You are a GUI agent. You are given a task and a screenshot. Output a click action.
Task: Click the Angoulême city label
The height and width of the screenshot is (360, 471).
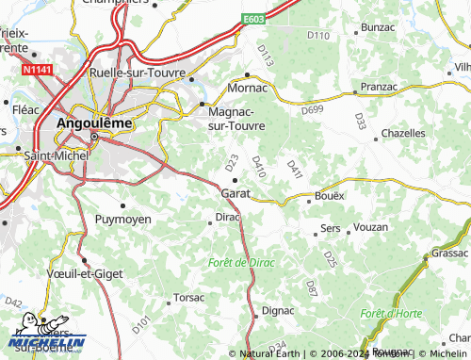pyautogui.click(x=95, y=123)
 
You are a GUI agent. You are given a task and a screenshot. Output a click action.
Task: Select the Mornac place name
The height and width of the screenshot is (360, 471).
pyautogui.click(x=250, y=87)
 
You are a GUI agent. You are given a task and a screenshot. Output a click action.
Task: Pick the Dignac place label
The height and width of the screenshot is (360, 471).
pyautogui.click(x=278, y=309)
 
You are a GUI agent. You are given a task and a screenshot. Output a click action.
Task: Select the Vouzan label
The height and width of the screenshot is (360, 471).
pyautogui.click(x=369, y=228)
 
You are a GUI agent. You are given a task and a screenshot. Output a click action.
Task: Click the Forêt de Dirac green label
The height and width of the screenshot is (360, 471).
pyautogui.click(x=241, y=262)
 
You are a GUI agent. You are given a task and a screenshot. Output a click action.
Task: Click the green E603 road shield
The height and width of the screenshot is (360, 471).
pyautogui.click(x=252, y=19)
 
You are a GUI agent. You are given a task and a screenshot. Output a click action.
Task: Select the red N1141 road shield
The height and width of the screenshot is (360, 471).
pyautogui.click(x=36, y=70)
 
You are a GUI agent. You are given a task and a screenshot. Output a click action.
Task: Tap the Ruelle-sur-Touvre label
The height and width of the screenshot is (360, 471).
pyautogui.click(x=137, y=72)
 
